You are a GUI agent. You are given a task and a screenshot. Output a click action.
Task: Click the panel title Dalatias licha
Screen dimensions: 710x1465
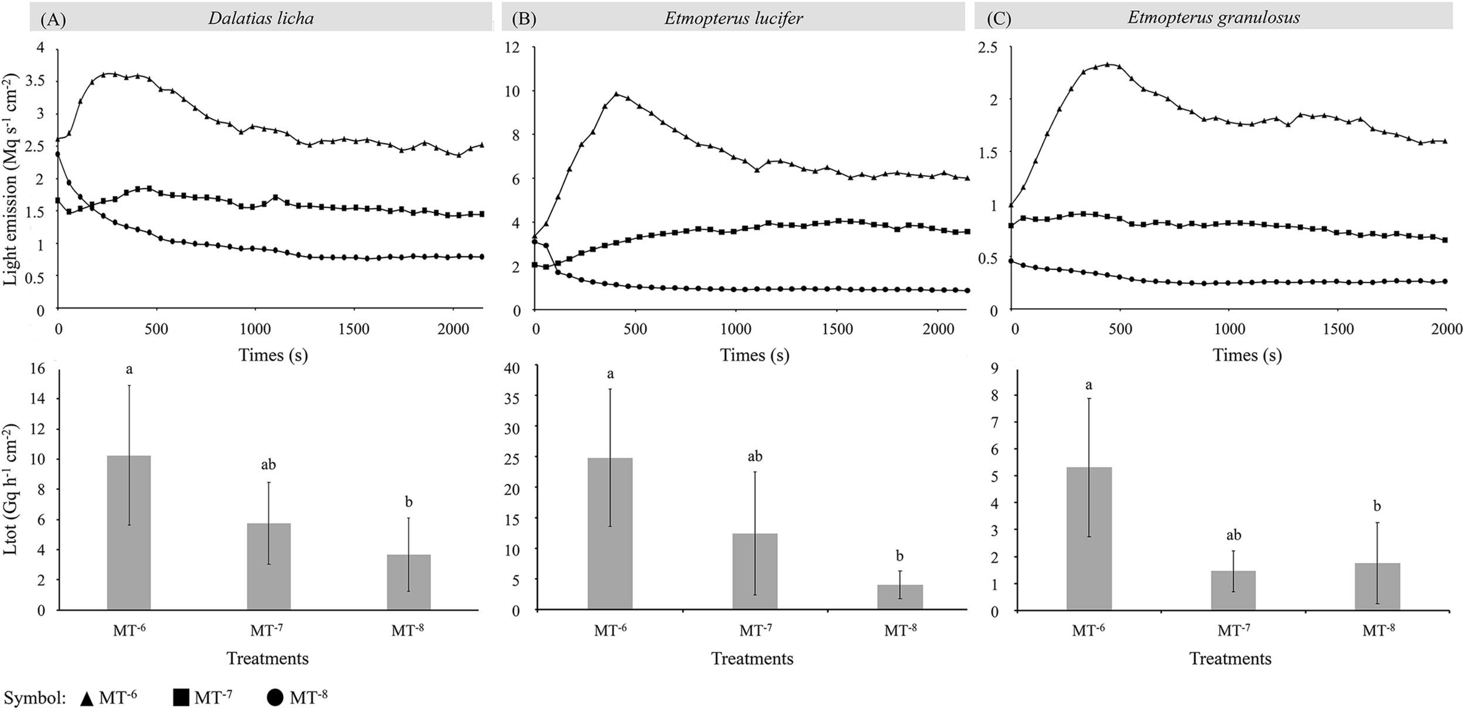click(x=261, y=18)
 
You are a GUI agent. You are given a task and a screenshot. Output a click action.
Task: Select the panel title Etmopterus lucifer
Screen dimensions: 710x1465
click(x=733, y=18)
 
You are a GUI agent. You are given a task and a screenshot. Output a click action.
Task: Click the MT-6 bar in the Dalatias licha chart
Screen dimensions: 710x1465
click(x=128, y=532)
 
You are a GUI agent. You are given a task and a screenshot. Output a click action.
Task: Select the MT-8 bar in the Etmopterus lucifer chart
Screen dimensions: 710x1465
click(x=900, y=597)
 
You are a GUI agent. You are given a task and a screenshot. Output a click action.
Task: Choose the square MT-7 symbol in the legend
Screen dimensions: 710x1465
click(x=181, y=698)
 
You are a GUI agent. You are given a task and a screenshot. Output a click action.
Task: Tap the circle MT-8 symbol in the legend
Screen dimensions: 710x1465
click(x=275, y=698)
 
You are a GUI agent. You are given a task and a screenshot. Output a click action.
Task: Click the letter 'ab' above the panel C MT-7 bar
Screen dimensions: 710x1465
click(x=1233, y=535)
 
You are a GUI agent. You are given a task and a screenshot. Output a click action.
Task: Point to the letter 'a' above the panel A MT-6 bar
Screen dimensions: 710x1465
click(x=128, y=370)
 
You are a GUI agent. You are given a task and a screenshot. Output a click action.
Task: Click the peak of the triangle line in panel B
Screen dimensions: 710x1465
click(x=616, y=94)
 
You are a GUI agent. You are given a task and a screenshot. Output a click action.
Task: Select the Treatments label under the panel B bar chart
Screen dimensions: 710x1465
click(x=752, y=658)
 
